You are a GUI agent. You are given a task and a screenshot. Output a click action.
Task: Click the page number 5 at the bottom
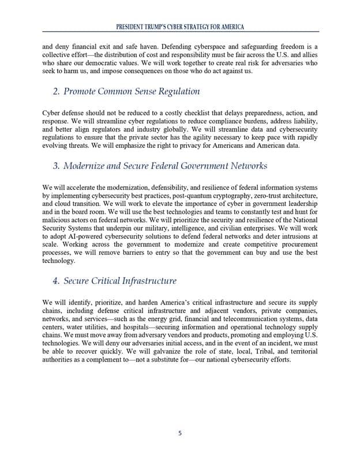(179, 434)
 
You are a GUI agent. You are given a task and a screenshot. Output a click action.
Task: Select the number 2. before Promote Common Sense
(56, 91)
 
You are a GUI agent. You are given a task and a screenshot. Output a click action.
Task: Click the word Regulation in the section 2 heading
(179, 91)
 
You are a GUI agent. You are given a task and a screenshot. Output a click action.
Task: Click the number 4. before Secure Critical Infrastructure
(56, 281)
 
